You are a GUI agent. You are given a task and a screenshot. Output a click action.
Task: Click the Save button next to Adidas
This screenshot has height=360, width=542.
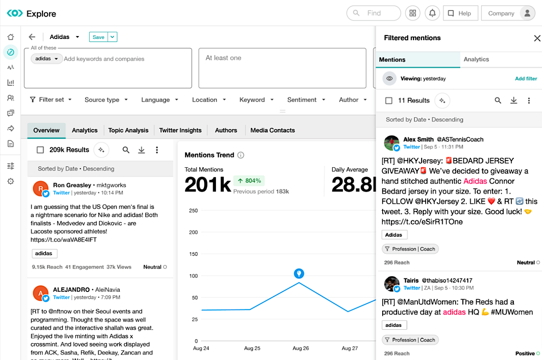98,37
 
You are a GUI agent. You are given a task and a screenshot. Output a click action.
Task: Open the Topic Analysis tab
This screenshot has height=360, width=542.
128,130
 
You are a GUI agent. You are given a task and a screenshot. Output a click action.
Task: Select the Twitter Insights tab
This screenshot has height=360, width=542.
180,130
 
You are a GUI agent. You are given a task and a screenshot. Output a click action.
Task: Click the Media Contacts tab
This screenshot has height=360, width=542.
272,130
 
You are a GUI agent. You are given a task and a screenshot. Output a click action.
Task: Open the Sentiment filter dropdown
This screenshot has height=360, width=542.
306,100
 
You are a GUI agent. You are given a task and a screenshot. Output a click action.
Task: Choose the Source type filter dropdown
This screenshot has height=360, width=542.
106,100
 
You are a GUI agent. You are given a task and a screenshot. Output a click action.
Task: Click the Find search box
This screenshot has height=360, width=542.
374,13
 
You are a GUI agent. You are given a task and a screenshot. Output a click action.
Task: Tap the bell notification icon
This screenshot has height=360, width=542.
432,13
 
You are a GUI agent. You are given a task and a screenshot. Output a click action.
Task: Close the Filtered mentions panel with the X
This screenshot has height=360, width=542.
537,38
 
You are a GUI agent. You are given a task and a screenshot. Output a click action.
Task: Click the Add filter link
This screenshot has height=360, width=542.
526,78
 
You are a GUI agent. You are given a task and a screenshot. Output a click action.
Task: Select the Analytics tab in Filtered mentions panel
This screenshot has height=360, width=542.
476,59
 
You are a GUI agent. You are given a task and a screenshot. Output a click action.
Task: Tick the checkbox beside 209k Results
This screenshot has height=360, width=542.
40,150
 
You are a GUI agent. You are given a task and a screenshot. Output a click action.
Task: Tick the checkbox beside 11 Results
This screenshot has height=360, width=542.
389,100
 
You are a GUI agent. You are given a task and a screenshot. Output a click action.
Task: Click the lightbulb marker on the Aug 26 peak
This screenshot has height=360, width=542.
299,273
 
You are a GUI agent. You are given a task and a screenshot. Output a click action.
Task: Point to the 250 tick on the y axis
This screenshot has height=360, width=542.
193,211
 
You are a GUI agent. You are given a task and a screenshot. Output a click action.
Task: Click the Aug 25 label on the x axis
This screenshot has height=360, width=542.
252,349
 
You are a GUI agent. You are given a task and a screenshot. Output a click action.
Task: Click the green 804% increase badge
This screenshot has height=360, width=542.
249,181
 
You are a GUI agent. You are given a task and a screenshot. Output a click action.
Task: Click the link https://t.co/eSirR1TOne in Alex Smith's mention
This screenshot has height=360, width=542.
416,222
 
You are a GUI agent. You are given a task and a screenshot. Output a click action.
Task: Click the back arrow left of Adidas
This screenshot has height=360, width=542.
32,37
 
